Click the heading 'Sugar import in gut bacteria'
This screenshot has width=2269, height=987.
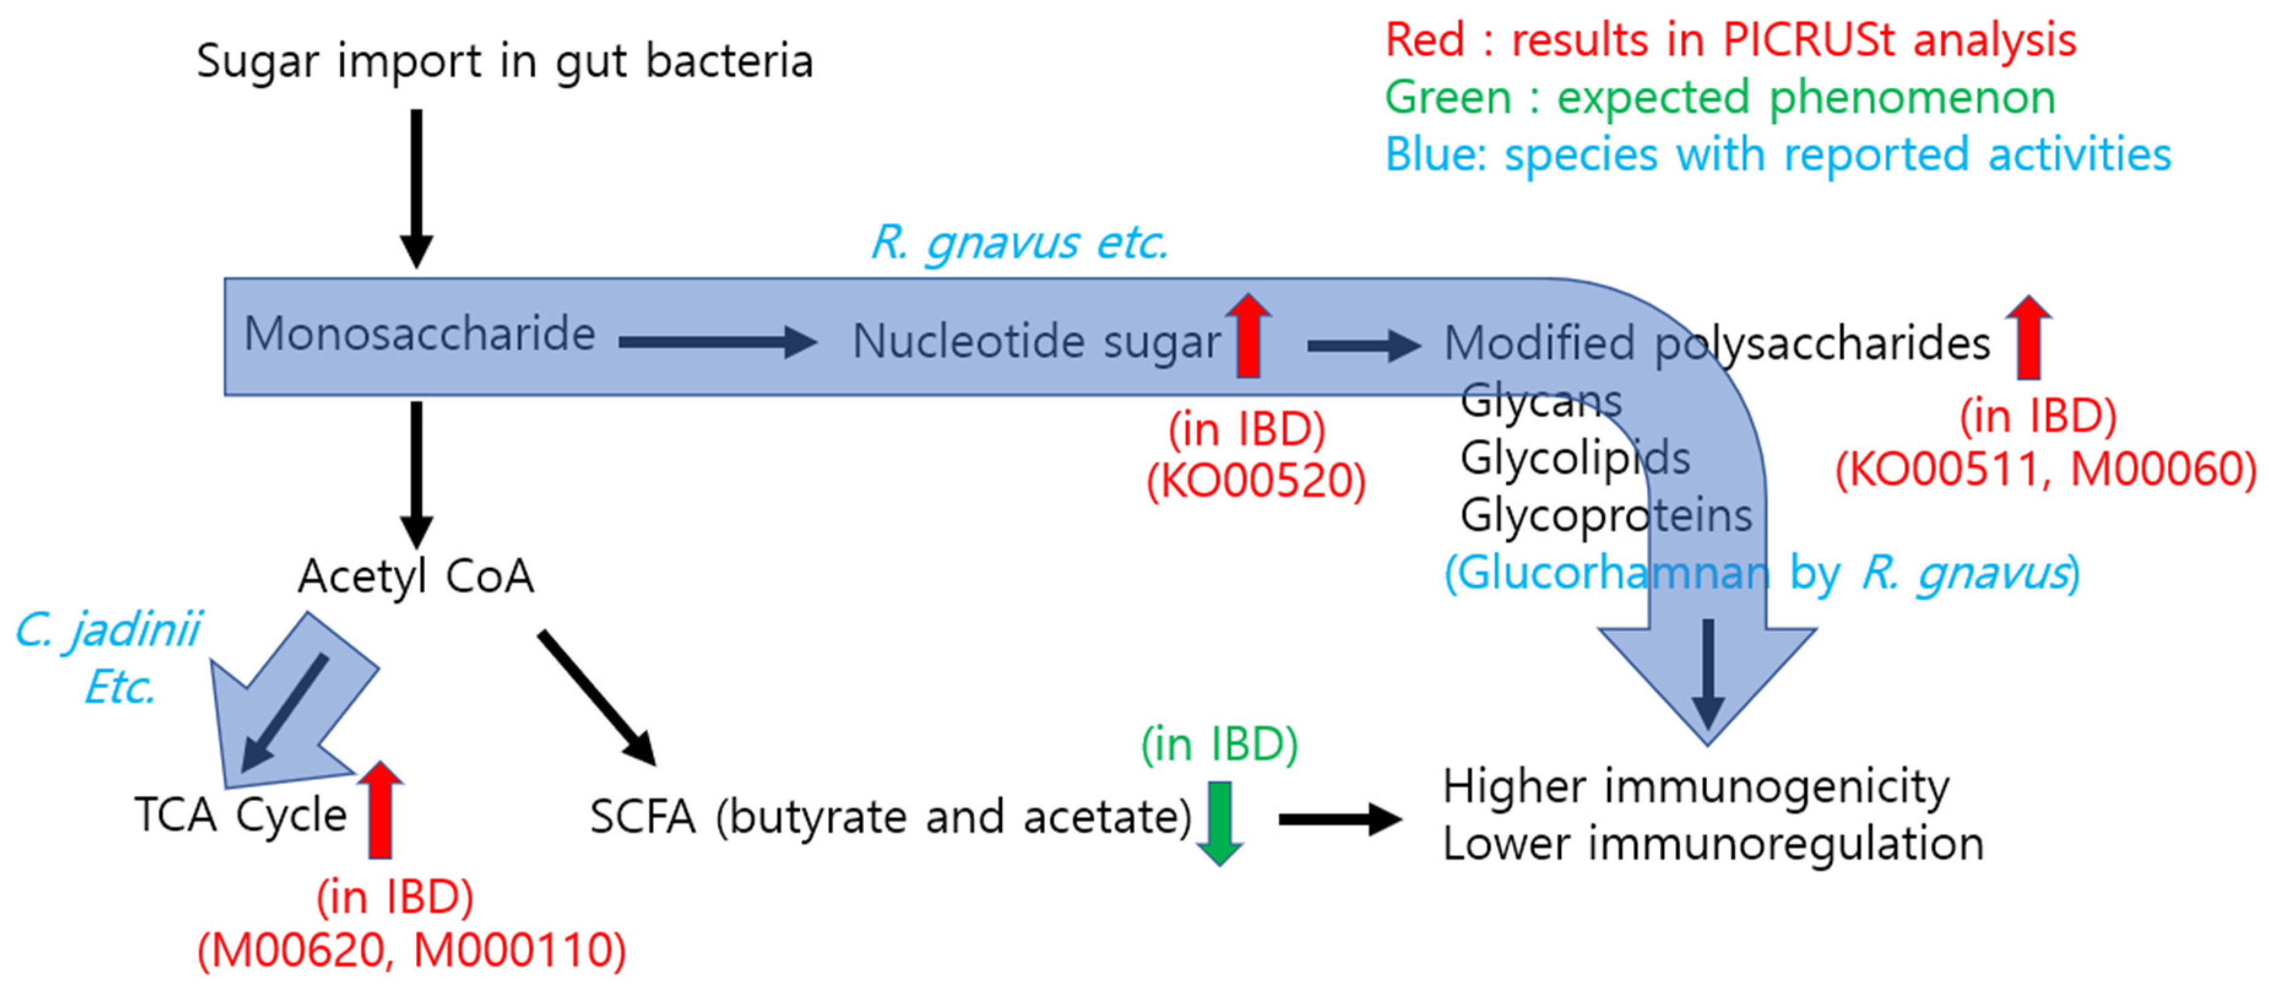coord(504,62)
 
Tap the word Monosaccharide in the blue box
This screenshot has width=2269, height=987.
coord(419,335)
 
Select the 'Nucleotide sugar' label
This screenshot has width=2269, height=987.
coord(1036,342)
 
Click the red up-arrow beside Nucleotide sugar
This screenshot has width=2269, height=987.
coord(1248,336)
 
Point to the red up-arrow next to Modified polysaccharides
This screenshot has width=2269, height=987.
coord(2029,337)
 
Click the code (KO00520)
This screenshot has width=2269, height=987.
coord(1255,482)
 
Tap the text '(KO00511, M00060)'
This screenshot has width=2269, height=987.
coord(2045,469)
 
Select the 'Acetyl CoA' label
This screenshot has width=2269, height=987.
coord(416,577)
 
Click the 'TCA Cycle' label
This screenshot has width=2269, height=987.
coord(240,814)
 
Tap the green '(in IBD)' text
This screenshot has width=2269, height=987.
coord(1219,745)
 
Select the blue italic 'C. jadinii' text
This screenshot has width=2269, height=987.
coord(107,630)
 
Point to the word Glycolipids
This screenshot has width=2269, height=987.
coord(1575,458)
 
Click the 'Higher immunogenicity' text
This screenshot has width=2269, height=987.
coord(1695,786)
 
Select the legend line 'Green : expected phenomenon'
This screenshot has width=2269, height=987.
coord(1719,97)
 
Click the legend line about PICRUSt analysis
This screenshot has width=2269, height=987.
coord(1730,40)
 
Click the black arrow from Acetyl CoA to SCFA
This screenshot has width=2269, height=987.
coord(596,695)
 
